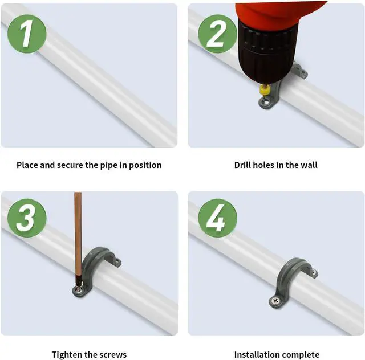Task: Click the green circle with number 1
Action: tap(27, 34)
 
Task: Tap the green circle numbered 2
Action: tap(218, 34)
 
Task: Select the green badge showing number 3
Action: tap(27, 218)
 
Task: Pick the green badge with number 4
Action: tap(218, 218)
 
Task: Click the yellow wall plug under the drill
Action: tap(265, 89)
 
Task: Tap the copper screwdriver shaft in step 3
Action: tap(78, 235)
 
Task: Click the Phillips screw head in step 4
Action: tap(275, 301)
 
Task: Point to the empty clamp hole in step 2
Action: tap(265, 101)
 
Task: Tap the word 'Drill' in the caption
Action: tap(242, 165)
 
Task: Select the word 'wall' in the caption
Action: tap(309, 165)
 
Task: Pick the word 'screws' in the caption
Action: tap(113, 355)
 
